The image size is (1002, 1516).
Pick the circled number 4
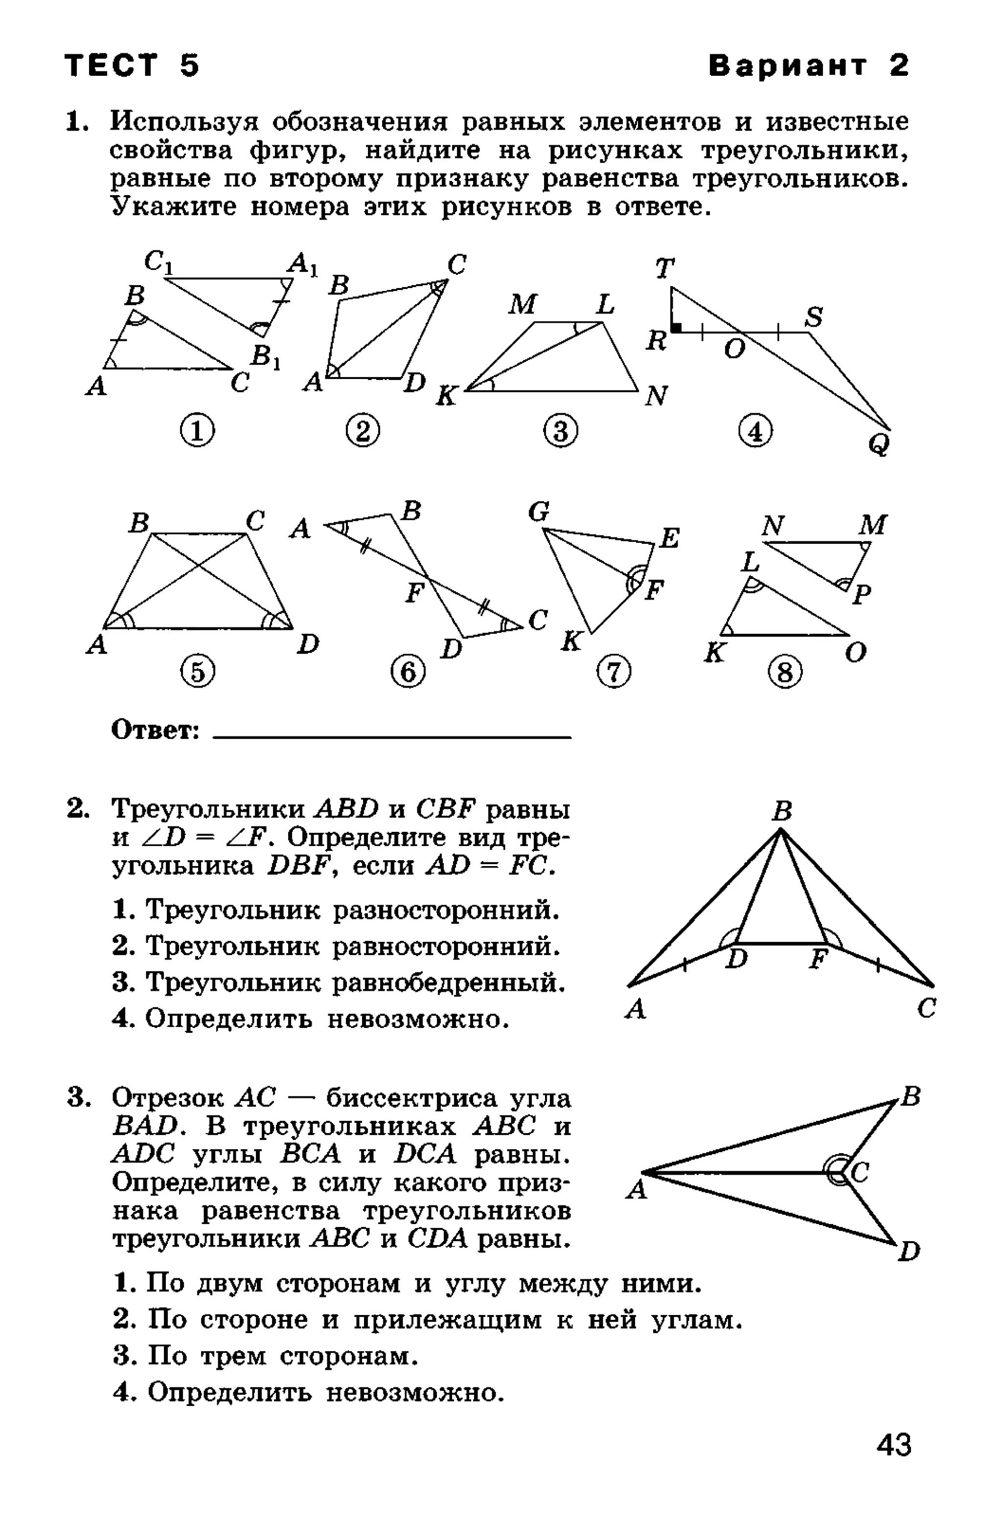click(x=755, y=432)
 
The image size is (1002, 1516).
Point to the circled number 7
click(x=614, y=672)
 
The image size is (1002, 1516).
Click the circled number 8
click(x=785, y=672)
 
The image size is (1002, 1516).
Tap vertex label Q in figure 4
click(x=880, y=444)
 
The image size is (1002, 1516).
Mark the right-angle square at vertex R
click(x=677, y=328)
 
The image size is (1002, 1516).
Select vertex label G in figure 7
click(x=539, y=512)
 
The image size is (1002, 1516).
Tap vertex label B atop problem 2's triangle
click(x=781, y=812)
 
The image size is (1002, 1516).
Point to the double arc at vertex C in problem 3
click(x=835, y=1171)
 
